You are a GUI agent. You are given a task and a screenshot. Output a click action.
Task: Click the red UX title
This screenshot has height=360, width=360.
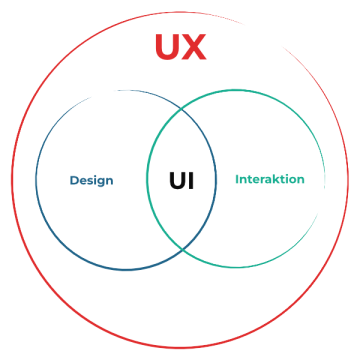(181, 47)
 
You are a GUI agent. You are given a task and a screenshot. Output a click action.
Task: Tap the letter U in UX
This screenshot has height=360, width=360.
(168, 47)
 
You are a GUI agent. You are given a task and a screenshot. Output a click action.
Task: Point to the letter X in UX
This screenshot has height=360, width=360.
(195, 47)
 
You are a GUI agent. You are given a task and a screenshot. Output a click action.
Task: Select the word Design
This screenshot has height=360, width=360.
(91, 181)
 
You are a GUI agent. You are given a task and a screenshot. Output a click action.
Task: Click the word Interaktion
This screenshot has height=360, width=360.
(269, 180)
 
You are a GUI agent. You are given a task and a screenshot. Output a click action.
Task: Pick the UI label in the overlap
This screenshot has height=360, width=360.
(181, 181)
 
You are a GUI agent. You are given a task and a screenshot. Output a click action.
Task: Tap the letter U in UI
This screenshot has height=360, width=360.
(177, 181)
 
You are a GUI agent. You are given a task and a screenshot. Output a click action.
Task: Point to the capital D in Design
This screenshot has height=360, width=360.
(74, 181)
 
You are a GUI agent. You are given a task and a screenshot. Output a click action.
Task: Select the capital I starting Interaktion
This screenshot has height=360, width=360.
(237, 180)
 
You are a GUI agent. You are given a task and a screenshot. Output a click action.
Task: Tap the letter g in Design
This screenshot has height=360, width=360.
(100, 182)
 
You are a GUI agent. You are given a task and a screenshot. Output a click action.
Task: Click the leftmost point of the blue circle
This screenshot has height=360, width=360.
(35, 180)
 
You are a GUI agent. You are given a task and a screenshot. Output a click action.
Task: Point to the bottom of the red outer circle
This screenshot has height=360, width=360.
(180, 347)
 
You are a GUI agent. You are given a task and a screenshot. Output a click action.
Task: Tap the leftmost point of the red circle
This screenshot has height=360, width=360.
(13, 180)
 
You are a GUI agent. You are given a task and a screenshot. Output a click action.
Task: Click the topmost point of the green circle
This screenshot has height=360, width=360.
(236, 89)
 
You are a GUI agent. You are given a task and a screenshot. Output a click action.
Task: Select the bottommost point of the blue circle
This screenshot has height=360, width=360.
(126, 271)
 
